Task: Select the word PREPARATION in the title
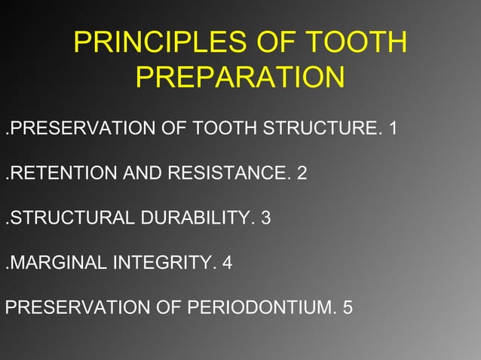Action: click(240, 78)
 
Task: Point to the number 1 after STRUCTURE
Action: click(393, 129)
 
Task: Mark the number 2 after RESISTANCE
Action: click(302, 174)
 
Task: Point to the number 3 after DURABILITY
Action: click(265, 219)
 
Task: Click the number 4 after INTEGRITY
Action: click(226, 264)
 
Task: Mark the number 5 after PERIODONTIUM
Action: click(348, 309)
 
